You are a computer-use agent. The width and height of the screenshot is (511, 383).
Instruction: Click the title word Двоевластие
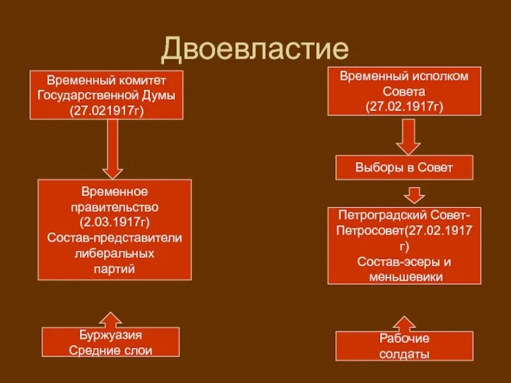click(x=255, y=50)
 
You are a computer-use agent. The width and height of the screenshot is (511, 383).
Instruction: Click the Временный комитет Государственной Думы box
click(x=107, y=95)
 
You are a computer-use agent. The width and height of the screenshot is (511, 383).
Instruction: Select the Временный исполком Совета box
click(x=404, y=91)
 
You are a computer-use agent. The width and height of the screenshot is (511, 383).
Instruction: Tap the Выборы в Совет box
click(x=404, y=168)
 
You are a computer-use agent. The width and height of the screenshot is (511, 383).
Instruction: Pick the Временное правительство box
click(x=114, y=230)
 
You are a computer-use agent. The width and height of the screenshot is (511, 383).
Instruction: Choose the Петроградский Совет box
click(x=404, y=246)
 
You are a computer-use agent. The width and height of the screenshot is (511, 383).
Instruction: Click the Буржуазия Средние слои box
click(x=111, y=342)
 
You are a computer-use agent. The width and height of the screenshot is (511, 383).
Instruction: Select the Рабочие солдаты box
click(x=404, y=346)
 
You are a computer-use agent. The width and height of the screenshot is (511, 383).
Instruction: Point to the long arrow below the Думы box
click(x=113, y=149)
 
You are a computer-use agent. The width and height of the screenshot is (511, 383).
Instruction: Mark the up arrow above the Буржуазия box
click(x=112, y=319)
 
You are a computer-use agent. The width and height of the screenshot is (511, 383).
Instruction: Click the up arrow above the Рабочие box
click(x=405, y=322)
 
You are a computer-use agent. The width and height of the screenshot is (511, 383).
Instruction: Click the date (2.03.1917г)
click(x=114, y=223)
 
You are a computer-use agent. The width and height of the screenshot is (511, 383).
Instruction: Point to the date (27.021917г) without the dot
click(x=107, y=111)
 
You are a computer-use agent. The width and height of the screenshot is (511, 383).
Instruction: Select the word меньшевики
click(x=404, y=276)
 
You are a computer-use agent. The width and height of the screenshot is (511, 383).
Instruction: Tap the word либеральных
click(x=114, y=253)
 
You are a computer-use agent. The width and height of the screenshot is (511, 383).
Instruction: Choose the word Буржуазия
click(x=111, y=334)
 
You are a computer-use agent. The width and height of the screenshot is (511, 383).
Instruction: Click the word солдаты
click(x=404, y=354)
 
